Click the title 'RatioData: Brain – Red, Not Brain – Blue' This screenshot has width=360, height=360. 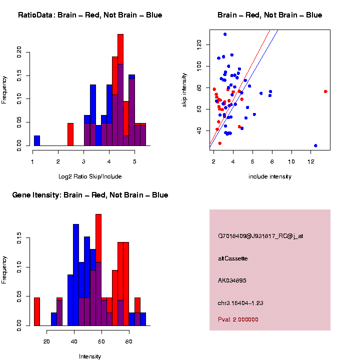point(90,15)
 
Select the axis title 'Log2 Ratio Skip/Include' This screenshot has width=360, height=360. point(89,176)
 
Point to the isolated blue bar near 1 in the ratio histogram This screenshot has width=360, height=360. point(36,142)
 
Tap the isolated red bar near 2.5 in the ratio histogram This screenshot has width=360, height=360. point(70,135)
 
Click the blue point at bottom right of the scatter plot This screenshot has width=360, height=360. point(315,145)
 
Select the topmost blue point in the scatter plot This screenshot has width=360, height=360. point(225,34)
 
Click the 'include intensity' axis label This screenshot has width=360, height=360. point(269,176)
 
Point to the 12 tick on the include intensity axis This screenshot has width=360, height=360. point(311,160)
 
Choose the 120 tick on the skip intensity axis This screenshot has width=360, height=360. point(198,44)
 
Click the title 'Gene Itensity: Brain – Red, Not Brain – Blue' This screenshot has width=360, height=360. point(90,195)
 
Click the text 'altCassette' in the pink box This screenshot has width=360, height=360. point(233,258)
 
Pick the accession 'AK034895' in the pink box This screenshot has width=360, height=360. point(232,280)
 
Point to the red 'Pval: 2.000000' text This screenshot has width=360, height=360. point(238,319)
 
